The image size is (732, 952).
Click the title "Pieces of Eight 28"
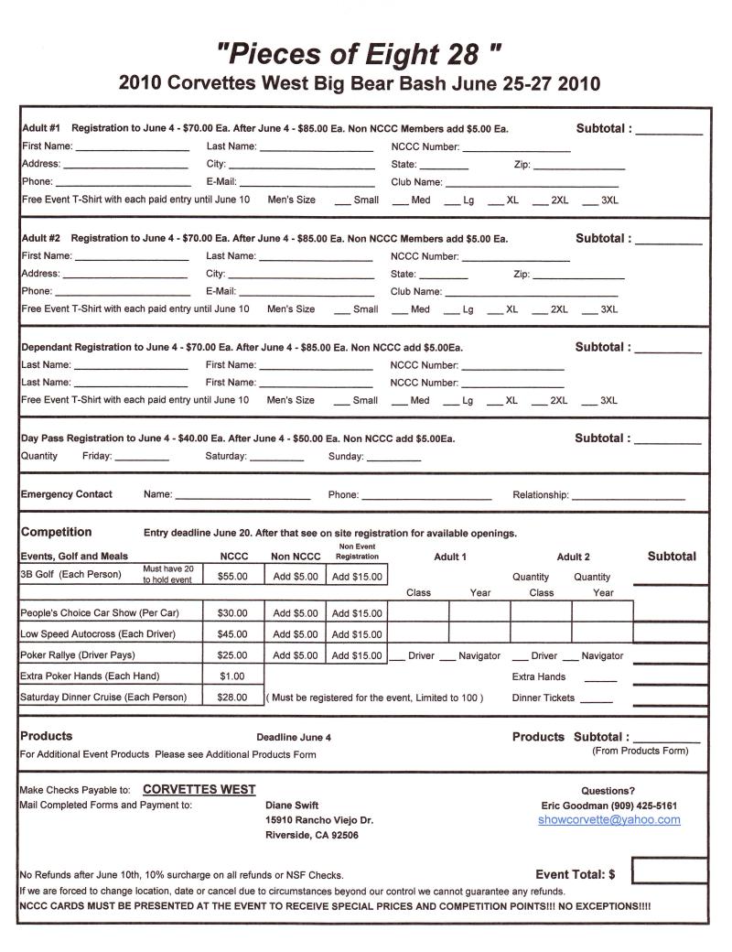pos(360,53)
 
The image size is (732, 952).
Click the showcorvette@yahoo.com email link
pos(609,820)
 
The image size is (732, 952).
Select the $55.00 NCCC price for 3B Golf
pos(232,577)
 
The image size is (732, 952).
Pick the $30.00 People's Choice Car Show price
pos(232,613)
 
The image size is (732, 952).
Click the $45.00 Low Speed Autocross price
pos(232,634)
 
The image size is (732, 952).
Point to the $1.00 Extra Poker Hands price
pos(232,676)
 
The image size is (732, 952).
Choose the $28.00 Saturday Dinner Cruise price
pos(232,698)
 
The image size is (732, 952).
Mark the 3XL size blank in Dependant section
pos(590,402)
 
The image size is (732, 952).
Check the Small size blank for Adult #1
pos(342,201)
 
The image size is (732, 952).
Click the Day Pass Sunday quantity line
pos(393,458)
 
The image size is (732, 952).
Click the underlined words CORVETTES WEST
pos(199,790)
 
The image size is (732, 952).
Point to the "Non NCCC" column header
pos(296,556)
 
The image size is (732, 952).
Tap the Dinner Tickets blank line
pos(596,700)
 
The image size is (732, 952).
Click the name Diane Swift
pos(292,806)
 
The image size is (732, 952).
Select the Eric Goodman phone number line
pos(609,806)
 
